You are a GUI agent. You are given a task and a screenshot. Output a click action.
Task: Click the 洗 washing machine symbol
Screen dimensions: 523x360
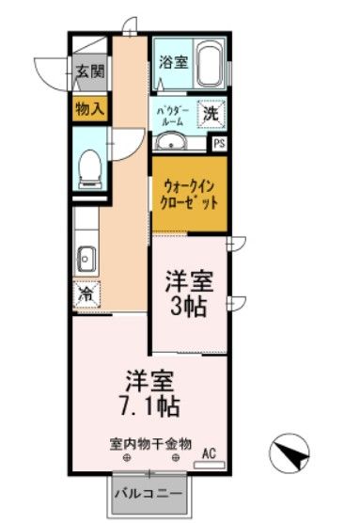[211, 114]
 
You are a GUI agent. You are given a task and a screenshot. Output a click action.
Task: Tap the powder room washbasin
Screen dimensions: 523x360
[171, 142]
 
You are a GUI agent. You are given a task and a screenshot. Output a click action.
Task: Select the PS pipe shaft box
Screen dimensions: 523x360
[219, 143]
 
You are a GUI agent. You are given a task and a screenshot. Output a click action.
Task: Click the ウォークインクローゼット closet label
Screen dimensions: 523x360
[190, 194]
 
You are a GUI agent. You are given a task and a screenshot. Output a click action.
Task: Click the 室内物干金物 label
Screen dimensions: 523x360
[150, 442]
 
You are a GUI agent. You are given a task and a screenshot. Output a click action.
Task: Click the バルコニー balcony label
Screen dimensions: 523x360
[148, 493]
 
